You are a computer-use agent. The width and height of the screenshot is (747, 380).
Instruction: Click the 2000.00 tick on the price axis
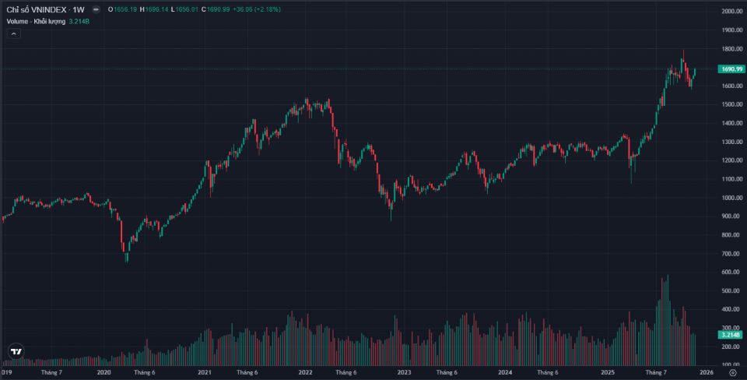731,12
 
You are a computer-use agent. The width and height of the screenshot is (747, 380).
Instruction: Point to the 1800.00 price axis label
731,49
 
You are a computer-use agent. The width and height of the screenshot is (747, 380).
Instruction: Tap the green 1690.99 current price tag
732,69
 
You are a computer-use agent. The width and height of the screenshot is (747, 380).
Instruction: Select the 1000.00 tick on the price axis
731,198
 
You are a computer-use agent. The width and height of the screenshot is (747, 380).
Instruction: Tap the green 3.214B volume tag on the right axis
732,334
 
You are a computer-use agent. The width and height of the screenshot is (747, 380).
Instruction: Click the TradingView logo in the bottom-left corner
16,352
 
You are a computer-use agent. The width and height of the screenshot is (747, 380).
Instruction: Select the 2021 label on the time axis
205,373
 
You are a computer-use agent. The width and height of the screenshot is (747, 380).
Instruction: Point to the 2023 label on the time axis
404,373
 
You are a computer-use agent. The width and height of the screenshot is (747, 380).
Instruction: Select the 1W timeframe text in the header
79,9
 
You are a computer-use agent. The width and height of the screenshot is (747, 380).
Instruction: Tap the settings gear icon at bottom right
732,373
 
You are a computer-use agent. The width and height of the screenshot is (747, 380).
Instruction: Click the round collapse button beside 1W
96,9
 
